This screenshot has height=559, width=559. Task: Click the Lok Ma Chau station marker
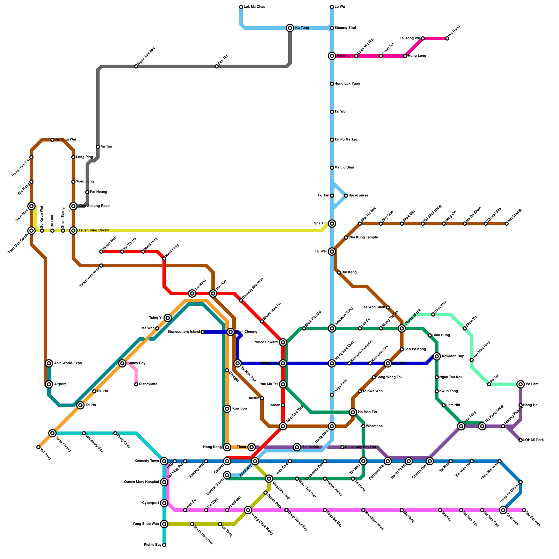[241, 7]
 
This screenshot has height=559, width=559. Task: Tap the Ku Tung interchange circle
[290, 28]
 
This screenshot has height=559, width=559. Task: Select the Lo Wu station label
[340, 7]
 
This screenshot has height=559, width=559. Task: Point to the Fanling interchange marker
[332, 56]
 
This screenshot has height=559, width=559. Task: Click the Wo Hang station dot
[447, 38]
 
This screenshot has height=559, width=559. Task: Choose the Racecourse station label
[358, 196]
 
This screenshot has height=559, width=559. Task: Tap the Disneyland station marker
[136, 384]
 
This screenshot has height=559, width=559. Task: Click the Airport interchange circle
[49, 384]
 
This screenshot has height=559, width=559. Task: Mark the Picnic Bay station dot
[164, 545]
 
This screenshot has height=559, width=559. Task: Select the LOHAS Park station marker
[521, 440]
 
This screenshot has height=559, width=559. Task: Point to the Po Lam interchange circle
[521, 384]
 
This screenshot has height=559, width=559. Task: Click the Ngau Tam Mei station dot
[136, 66]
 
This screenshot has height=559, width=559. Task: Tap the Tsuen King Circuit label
[94, 231]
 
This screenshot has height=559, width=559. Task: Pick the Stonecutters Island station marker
[203, 332]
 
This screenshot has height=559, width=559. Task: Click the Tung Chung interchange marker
[52, 433]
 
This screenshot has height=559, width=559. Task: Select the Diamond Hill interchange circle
[402, 328]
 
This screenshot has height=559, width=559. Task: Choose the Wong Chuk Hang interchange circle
[248, 510]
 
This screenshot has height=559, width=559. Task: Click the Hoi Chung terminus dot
[507, 224]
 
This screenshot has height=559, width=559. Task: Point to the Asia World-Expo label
[68, 363]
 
